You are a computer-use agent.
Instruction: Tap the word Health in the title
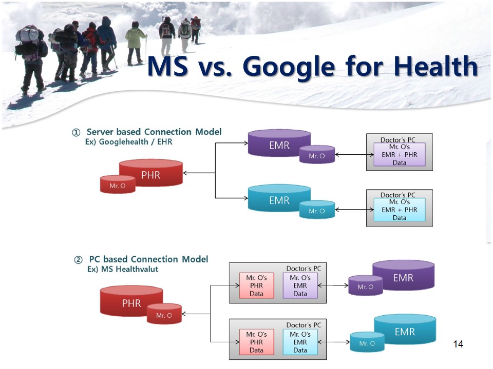(x=435, y=66)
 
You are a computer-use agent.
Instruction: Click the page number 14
(x=458, y=344)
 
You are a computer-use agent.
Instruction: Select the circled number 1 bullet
(x=76, y=132)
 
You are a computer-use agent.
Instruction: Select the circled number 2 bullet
(x=78, y=260)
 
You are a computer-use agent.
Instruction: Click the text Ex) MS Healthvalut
(x=123, y=269)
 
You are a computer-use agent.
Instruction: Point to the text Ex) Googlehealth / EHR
(x=129, y=142)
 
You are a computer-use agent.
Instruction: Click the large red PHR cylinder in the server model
(x=151, y=173)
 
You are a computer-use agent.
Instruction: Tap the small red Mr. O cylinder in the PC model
(x=164, y=314)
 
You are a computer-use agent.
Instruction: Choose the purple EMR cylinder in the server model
(x=279, y=143)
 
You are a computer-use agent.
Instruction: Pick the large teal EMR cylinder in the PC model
(x=405, y=330)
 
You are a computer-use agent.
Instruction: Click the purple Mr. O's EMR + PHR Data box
(x=400, y=155)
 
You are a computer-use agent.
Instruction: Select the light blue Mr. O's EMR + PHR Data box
(x=400, y=210)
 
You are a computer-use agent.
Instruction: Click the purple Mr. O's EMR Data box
(x=300, y=285)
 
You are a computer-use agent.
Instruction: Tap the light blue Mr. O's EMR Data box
(x=300, y=342)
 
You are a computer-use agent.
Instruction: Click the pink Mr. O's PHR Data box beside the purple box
(x=257, y=285)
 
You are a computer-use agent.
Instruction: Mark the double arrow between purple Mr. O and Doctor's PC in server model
(x=354, y=154)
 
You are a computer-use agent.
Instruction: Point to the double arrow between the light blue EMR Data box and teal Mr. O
(x=334, y=342)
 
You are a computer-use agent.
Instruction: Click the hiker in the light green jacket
(x=136, y=43)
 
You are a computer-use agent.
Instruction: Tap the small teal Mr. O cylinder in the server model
(x=317, y=210)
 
